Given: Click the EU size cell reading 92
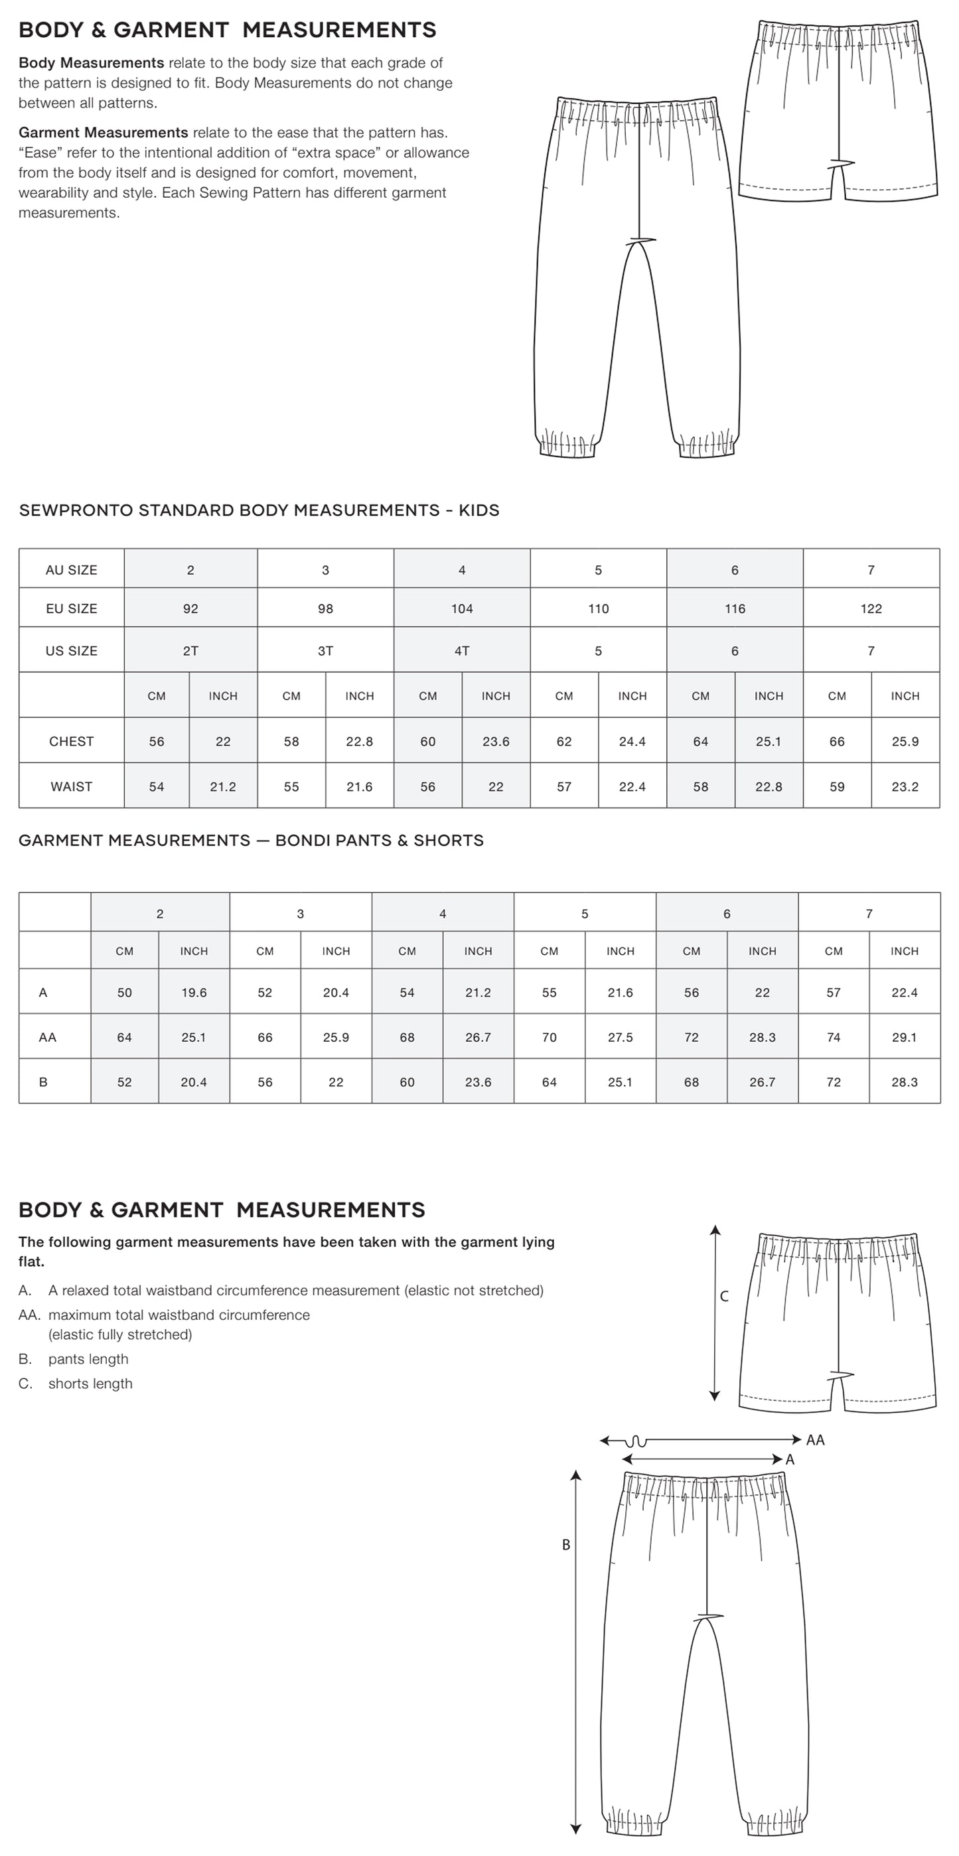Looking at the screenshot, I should point(190,608).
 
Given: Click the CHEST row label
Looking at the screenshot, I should point(71,741).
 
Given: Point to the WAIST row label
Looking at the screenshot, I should point(71,787).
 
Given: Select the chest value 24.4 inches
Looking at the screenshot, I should point(632,741).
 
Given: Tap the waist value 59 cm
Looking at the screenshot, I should point(836,787).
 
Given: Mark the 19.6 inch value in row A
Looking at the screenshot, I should point(194,993).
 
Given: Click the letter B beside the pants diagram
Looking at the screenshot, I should point(566,1545).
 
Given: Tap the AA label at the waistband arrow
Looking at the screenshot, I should point(815,1440).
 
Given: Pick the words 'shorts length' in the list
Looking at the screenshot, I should point(90,1384).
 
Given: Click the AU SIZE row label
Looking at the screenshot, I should point(71,570).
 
